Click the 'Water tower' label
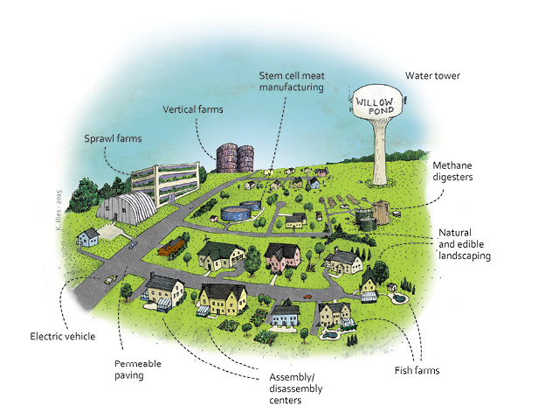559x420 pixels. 432,76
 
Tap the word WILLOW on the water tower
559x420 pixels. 374,101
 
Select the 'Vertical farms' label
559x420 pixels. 193,109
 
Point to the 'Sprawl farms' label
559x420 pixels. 113,138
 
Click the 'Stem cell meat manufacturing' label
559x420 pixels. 292,81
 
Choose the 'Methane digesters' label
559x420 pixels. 452,171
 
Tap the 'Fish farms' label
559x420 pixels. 417,370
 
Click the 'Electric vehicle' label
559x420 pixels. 62,336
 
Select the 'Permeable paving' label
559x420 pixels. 138,369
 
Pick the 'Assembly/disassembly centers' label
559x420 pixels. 296,388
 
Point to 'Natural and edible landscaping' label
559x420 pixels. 465,244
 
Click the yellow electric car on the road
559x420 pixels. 110,279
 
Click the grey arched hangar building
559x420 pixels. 127,207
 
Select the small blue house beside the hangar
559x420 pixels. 88,237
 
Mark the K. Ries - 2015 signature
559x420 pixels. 59,210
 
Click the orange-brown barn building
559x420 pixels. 171,246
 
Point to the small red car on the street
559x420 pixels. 307,297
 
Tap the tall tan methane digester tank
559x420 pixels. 381,213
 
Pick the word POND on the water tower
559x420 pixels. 381,111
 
